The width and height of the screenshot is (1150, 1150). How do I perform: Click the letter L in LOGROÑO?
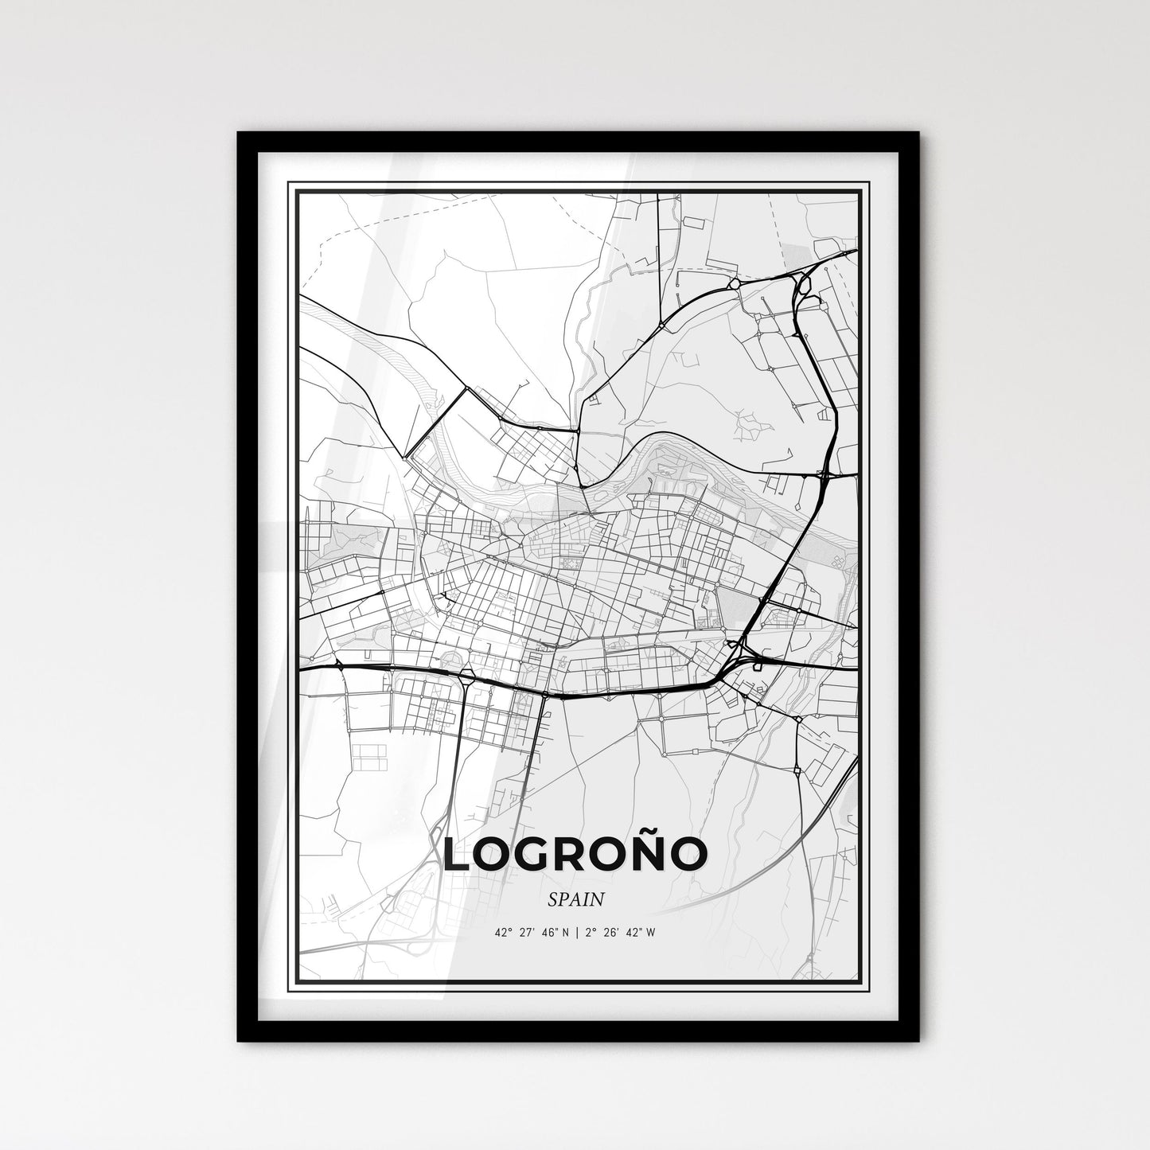pyautogui.click(x=458, y=854)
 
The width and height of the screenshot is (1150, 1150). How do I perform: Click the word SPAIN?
pyautogui.click(x=575, y=899)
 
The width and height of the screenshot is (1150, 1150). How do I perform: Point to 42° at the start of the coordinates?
pyautogui.click(x=501, y=934)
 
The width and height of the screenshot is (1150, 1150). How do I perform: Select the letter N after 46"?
pyautogui.click(x=564, y=934)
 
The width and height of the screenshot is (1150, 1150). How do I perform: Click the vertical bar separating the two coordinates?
pyautogui.click(x=575, y=934)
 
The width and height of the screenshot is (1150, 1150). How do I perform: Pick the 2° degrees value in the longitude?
pyautogui.click(x=589, y=934)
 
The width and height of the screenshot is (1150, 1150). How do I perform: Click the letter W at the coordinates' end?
pyautogui.click(x=651, y=934)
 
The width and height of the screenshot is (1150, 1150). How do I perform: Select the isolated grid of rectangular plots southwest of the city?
pyautogui.click(x=368, y=757)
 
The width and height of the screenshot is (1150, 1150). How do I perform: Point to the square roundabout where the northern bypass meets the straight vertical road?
pyautogui.click(x=661, y=326)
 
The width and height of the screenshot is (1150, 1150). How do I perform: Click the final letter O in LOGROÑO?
pyautogui.click(x=688, y=854)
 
